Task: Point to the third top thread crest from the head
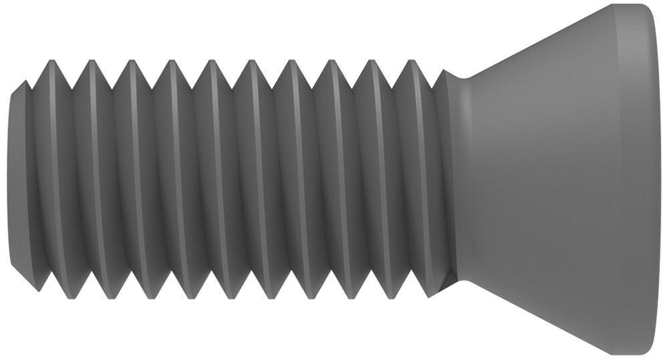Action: coord(332,61)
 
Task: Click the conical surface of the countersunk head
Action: coord(534,180)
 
